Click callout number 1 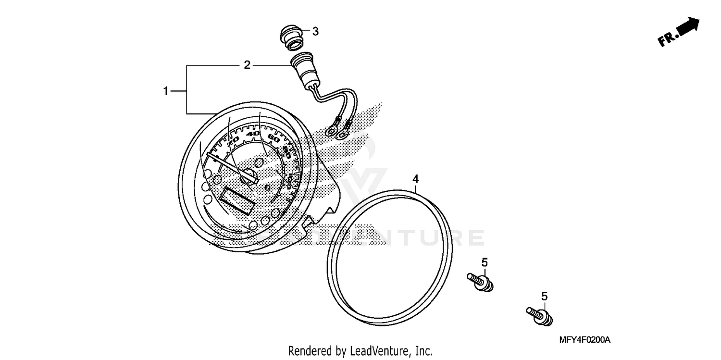click(x=166, y=91)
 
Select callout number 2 click(x=247, y=65)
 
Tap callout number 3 click(x=315, y=32)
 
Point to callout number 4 click(x=416, y=179)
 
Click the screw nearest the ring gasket click(x=481, y=282)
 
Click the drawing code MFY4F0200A click(x=584, y=340)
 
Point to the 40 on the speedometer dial click(x=255, y=134)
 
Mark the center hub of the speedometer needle click(x=250, y=176)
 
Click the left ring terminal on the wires click(x=331, y=130)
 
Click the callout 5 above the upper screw click(x=485, y=262)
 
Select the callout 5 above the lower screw click(x=544, y=297)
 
